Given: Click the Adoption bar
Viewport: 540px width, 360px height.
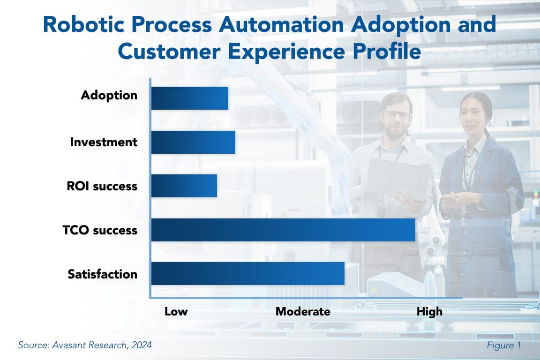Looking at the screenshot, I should click(x=189, y=98).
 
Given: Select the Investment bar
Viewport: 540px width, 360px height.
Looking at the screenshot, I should click(x=193, y=142).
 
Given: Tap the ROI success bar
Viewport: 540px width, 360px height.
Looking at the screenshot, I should click(x=184, y=186).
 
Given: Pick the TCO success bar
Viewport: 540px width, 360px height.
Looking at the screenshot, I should click(x=283, y=230).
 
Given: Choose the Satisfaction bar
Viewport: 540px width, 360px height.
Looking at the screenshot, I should click(x=247, y=274).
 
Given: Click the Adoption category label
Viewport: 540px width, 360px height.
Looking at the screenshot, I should click(x=109, y=95).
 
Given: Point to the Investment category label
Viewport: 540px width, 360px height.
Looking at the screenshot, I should click(x=104, y=142).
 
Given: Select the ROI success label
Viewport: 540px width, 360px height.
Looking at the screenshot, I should click(x=102, y=186).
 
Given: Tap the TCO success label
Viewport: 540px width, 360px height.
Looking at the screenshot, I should click(x=100, y=230).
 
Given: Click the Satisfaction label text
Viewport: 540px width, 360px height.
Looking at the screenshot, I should click(x=102, y=274).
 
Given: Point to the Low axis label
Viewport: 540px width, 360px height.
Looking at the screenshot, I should click(x=176, y=312).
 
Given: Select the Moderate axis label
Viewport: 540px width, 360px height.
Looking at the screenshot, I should click(x=303, y=312).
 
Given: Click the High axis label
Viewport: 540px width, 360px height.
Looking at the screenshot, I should click(x=429, y=312).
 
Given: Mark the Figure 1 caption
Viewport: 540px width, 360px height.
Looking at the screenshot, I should click(x=503, y=345).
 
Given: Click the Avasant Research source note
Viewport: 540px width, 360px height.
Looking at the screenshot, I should click(x=85, y=345).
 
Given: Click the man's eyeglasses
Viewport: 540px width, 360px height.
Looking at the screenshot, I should click(x=397, y=114).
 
